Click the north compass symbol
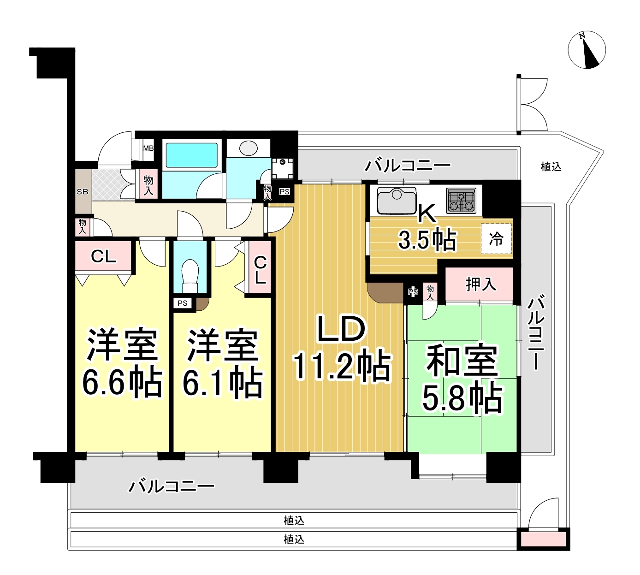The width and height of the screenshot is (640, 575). pyautogui.click(x=587, y=50)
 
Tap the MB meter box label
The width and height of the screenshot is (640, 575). pyautogui.click(x=148, y=148)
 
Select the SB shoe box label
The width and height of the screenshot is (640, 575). pyautogui.click(x=83, y=191)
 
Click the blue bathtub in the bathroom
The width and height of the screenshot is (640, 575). pyautogui.click(x=191, y=155)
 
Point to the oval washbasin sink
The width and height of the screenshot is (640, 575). pyautogui.click(x=249, y=148)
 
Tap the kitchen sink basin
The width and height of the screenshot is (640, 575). pyautogui.click(x=397, y=201)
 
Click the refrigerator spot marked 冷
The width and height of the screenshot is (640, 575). pyautogui.click(x=496, y=239)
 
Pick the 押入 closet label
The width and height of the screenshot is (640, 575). pyautogui.click(x=480, y=285)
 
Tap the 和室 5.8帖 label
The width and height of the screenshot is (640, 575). pyautogui.click(x=462, y=378)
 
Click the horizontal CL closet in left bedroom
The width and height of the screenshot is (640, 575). pyautogui.click(x=104, y=256)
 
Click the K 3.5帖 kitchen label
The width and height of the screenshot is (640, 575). pyautogui.click(x=427, y=228)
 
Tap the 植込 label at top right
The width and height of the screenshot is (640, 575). pyautogui.click(x=551, y=166)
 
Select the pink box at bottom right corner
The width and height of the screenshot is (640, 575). pyautogui.click(x=543, y=539)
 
